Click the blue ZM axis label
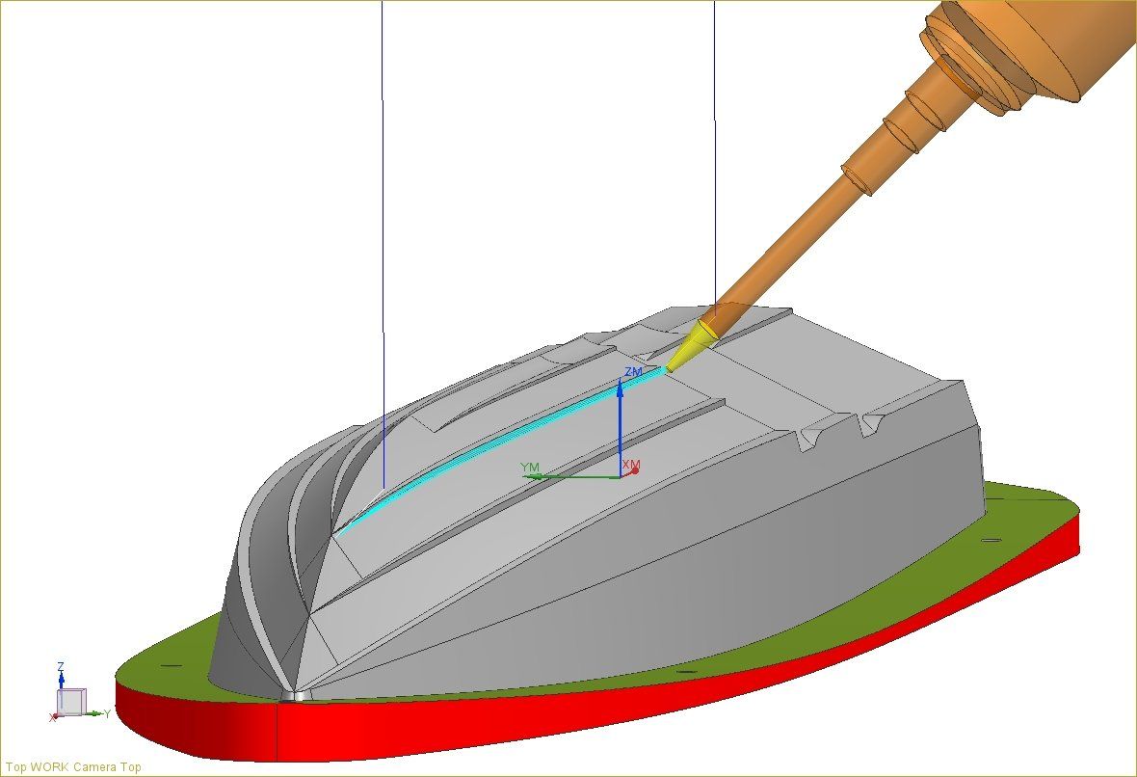pos(633,371)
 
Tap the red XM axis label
pos(631,465)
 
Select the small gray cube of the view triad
pos(71,701)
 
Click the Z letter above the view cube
pos(61,666)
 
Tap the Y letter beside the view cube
pos(107,713)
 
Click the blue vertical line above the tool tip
pos(714,145)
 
